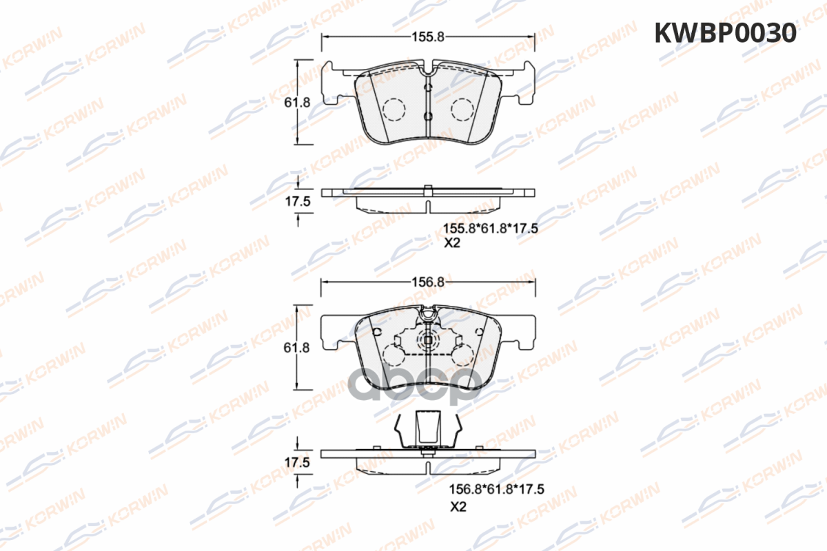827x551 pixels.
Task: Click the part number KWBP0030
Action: [x=725, y=33]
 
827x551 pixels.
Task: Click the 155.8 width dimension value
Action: [x=428, y=37]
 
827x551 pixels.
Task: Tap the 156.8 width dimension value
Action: [x=428, y=282]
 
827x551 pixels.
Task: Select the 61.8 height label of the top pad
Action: [x=297, y=103]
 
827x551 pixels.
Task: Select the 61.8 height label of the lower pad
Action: [x=296, y=348]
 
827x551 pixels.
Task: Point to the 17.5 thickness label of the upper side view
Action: [x=298, y=202]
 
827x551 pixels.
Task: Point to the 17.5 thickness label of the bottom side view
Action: [x=297, y=462]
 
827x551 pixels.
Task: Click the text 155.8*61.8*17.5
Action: [x=490, y=229]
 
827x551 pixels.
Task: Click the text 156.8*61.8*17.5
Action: [x=497, y=490]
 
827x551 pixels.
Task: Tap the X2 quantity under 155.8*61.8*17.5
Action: [x=452, y=243]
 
